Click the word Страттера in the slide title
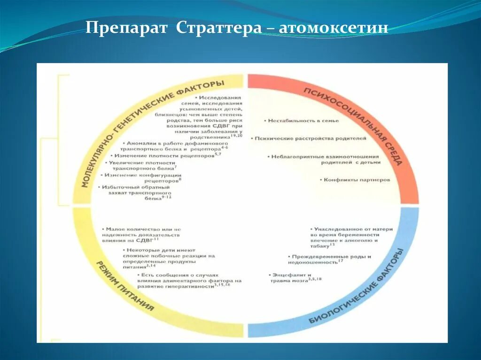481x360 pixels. (219, 28)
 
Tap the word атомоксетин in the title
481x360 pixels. (334, 28)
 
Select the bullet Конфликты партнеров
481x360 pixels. (357, 179)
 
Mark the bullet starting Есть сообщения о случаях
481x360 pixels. (188, 280)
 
